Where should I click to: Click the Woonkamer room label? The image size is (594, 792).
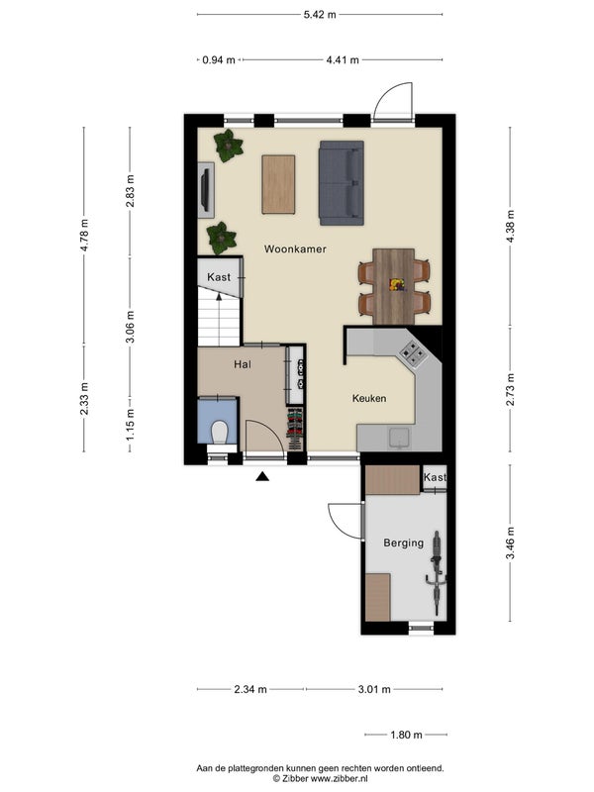pyautogui.click(x=295, y=249)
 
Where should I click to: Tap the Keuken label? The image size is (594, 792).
pyautogui.click(x=369, y=399)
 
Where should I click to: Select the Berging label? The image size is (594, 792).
pyautogui.click(x=404, y=543)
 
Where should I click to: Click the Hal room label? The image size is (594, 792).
pyautogui.click(x=243, y=364)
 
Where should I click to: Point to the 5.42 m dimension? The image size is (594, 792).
pyautogui.click(x=320, y=15)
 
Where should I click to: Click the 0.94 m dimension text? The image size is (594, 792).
pyautogui.click(x=219, y=60)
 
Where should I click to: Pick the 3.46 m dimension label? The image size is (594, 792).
pyautogui.click(x=510, y=543)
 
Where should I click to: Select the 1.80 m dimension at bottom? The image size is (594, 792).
pyautogui.click(x=406, y=735)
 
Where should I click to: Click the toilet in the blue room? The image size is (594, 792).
pyautogui.click(x=219, y=433)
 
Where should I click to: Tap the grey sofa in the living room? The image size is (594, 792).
pyautogui.click(x=342, y=183)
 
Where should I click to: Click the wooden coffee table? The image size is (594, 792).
pyautogui.click(x=278, y=184)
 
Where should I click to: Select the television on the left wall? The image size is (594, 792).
pyautogui.click(x=205, y=190)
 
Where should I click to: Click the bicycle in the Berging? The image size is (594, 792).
pyautogui.click(x=436, y=572)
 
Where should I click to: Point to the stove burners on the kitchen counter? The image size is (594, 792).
pyautogui.click(x=412, y=353)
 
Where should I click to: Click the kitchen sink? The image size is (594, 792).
pyautogui.click(x=400, y=438)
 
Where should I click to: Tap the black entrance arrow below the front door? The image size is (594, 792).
pyautogui.click(x=262, y=476)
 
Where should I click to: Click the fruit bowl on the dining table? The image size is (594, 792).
pyautogui.click(x=397, y=285)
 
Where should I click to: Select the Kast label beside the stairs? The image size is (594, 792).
pyautogui.click(x=219, y=277)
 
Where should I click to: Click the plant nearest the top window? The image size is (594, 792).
pyautogui.click(x=229, y=146)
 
